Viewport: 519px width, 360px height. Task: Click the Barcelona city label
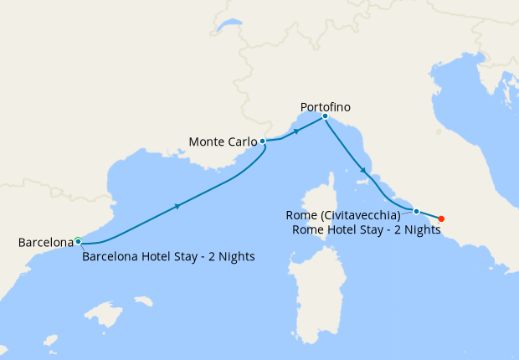pyautogui.click(x=46, y=243)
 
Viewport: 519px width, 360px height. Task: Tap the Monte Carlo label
pyautogui.click(x=223, y=141)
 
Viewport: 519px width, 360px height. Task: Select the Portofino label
pyautogui.click(x=325, y=107)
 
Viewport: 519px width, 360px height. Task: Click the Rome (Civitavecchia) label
pyautogui.click(x=347, y=215)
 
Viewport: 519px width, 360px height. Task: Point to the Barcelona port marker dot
pyautogui.click(x=78, y=241)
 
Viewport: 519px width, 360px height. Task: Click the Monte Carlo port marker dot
pyautogui.click(x=263, y=141)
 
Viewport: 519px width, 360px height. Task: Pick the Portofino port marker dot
pyautogui.click(x=325, y=116)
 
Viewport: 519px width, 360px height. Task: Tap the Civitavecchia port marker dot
pyautogui.click(x=416, y=211)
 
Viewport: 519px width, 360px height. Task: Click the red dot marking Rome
pyautogui.click(x=441, y=219)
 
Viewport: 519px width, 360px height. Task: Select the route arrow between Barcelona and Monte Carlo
pyautogui.click(x=177, y=205)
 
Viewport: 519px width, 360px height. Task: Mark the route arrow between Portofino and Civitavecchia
pyautogui.click(x=362, y=171)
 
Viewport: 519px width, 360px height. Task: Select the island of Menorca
pyautogui.click(x=143, y=300)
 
